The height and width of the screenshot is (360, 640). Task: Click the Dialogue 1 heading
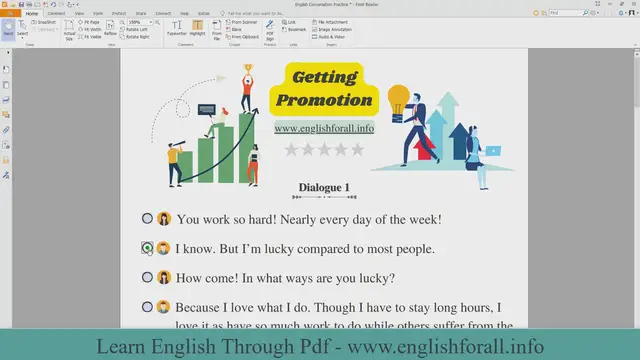(x=324, y=188)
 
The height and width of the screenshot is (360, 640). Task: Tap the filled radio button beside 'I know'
(x=147, y=247)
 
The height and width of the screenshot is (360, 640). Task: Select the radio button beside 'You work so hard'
(x=147, y=218)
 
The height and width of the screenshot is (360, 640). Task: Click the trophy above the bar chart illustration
(x=247, y=71)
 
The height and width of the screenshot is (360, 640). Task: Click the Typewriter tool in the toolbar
(x=177, y=26)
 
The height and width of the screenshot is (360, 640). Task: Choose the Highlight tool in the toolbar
(x=198, y=26)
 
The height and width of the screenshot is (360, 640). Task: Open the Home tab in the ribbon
(x=31, y=13)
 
